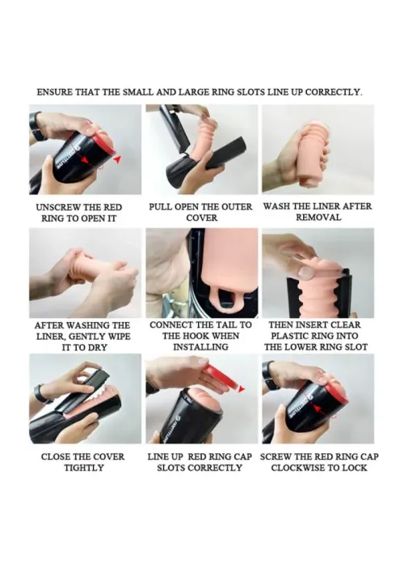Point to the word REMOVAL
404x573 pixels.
point(318,218)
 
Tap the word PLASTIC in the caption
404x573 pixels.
point(291,336)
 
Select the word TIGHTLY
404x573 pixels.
point(84,468)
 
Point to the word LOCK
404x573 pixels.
point(356,468)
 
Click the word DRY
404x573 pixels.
point(96,347)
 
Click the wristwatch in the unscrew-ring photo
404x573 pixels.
point(36,128)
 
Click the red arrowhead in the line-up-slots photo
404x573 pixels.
point(241,389)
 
